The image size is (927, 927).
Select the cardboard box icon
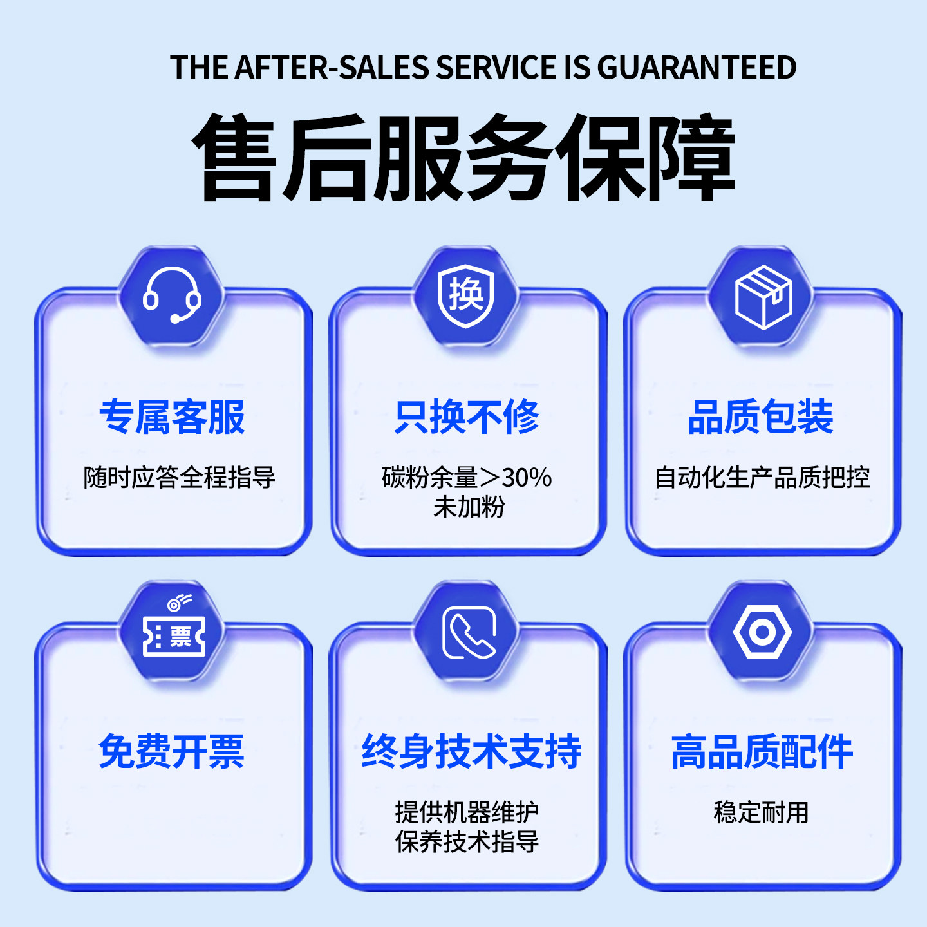(763, 297)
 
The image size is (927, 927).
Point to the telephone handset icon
(469, 633)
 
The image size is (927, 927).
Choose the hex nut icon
(762, 632)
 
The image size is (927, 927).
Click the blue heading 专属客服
(172, 417)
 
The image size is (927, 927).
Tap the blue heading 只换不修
(467, 417)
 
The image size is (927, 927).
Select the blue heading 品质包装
(761, 417)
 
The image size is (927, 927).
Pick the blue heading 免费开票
(172, 751)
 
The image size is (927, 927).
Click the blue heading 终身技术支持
(471, 751)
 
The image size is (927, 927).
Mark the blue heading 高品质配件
(762, 751)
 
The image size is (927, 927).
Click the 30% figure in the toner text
(527, 478)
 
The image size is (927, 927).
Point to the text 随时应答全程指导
(180, 478)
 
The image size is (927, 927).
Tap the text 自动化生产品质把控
(762, 478)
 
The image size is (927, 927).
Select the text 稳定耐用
(761, 812)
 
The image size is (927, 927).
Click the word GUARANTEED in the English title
(697, 68)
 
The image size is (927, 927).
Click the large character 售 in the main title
(237, 158)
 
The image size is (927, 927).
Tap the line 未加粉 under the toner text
(469, 507)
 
